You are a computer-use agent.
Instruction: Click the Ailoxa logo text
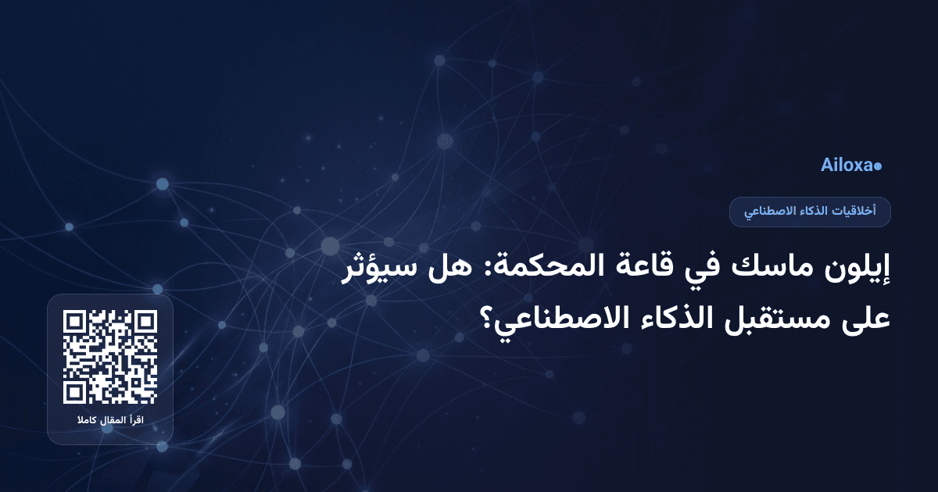tap(847, 166)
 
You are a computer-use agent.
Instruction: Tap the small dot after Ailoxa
tap(878, 166)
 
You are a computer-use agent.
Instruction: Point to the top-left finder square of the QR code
tap(74, 321)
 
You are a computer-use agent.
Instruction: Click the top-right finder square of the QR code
tap(146, 321)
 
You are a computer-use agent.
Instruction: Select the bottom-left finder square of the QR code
tap(74, 393)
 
